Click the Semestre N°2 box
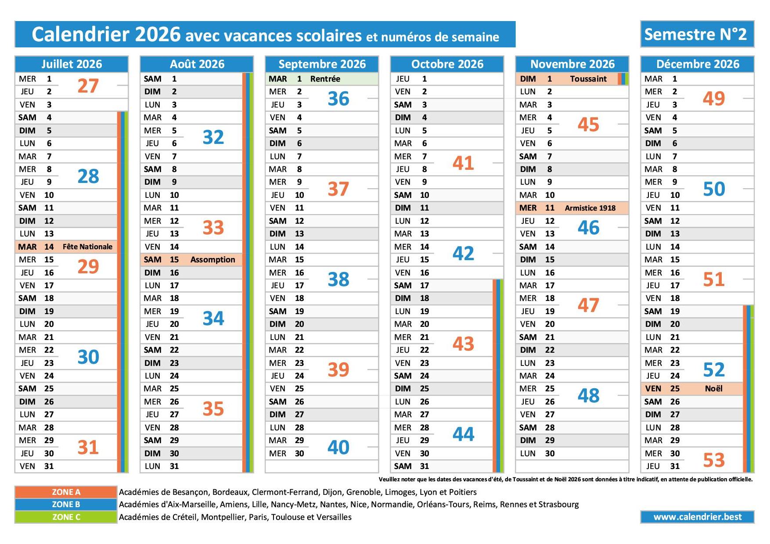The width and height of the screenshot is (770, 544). (697, 34)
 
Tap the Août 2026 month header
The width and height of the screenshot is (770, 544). (197, 64)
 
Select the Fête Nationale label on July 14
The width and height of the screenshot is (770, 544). (87, 247)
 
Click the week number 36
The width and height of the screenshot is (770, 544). (338, 99)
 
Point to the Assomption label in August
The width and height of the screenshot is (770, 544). (212, 260)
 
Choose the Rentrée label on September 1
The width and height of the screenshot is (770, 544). (325, 79)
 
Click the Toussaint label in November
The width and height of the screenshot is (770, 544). (588, 79)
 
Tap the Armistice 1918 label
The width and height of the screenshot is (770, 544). (590, 208)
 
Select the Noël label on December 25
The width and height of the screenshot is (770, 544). (713, 389)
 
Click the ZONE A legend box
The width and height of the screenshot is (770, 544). (66, 492)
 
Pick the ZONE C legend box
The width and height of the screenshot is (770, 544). (66, 517)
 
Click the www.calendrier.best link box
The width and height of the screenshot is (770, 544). (697, 517)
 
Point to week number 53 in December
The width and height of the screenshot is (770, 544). (713, 460)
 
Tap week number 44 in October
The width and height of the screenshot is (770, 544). (463, 434)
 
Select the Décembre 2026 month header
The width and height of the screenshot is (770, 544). (697, 64)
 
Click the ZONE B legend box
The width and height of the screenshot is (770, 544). (66, 505)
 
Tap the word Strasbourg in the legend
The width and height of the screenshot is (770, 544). (558, 505)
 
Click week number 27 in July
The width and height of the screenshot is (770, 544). (88, 86)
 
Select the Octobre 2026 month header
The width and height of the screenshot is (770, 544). (447, 64)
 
